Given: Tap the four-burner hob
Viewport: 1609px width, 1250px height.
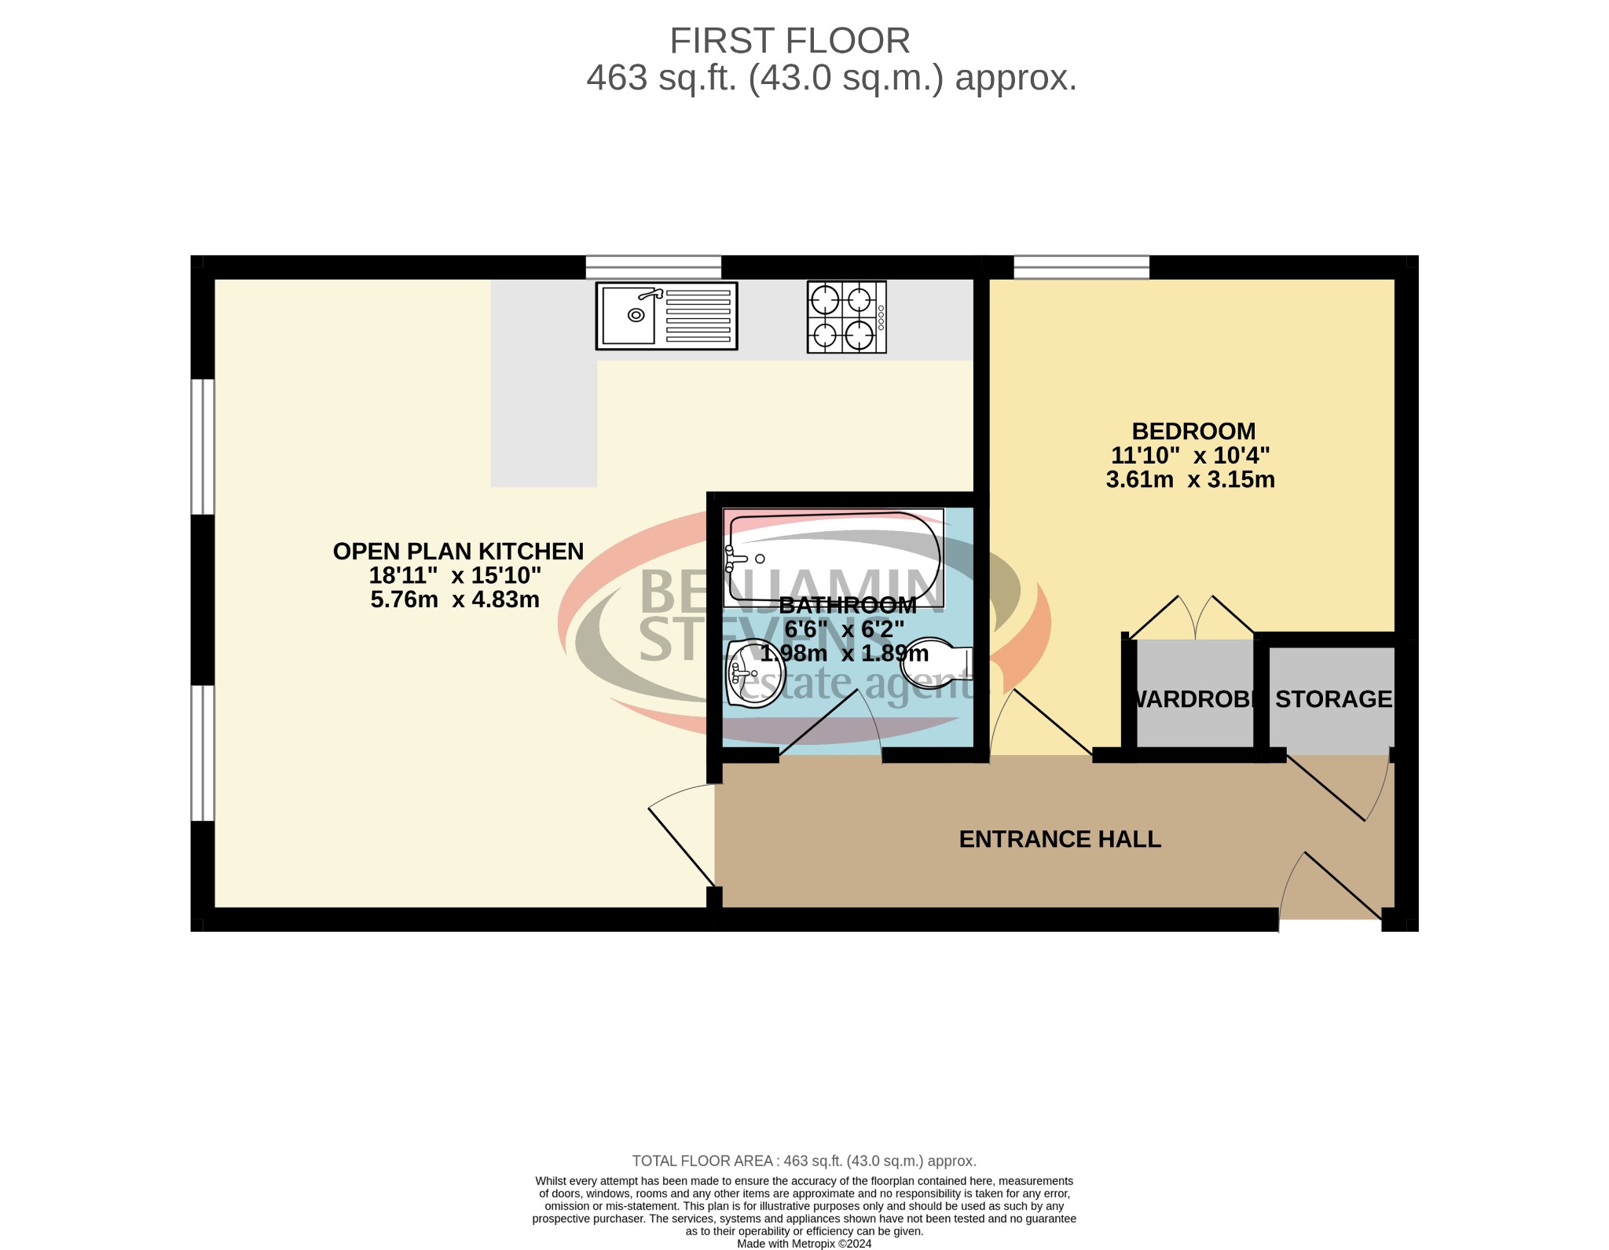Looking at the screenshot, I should [x=846, y=317].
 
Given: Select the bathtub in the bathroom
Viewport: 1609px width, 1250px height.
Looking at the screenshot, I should [x=833, y=557].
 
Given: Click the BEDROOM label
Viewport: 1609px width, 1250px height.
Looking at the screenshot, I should [x=1193, y=431].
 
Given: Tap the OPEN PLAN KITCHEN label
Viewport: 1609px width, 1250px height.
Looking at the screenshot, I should [x=458, y=552].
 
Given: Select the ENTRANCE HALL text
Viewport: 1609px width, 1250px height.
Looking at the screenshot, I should [x=1059, y=839].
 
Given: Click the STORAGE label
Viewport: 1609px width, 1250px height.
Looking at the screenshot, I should [x=1332, y=698].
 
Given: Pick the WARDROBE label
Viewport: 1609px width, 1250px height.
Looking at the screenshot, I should [x=1193, y=698].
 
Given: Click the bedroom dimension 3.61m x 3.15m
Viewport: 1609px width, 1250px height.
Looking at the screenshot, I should [x=1189, y=479].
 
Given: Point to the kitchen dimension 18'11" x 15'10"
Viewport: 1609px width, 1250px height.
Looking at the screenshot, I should [x=455, y=575].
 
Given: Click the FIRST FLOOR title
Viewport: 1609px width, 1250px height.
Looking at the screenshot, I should [x=789, y=41].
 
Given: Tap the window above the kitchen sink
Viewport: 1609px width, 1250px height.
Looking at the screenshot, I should [x=653, y=267].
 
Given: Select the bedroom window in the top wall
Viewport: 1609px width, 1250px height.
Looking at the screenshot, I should [x=1081, y=267].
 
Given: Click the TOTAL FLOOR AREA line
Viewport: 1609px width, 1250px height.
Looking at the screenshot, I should [x=804, y=1160].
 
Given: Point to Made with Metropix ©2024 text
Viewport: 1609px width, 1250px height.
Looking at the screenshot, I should [x=804, y=1244].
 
